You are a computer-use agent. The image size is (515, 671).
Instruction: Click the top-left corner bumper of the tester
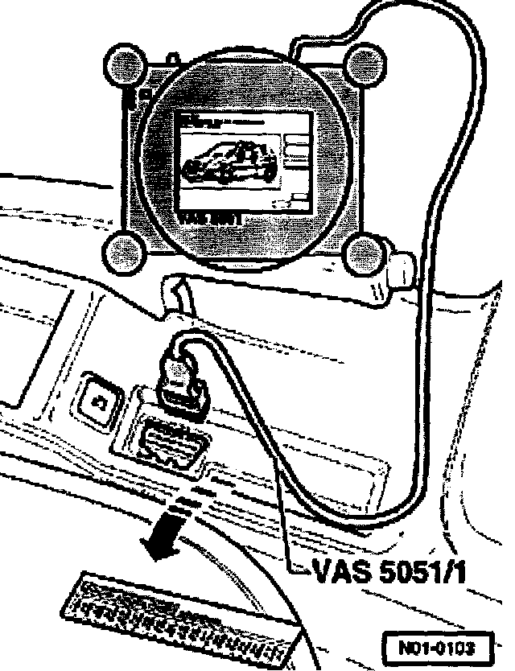pos(123,64)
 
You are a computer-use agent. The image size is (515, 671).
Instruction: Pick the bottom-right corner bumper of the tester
pos(361,254)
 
